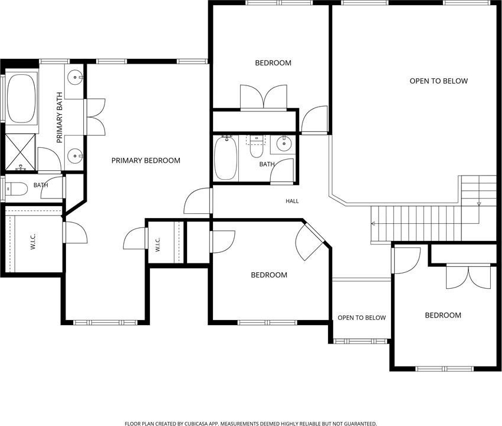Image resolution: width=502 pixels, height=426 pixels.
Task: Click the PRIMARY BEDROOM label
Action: (146, 160)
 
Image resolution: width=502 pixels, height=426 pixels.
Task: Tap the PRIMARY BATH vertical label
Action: (59, 118)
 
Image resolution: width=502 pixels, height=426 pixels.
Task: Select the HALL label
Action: (292, 201)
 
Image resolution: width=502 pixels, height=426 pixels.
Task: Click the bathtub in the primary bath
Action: (21, 98)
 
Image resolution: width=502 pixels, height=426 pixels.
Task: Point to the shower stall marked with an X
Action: (21, 151)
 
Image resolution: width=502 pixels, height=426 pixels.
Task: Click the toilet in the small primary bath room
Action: (17, 189)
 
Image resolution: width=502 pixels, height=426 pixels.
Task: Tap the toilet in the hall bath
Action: (256, 148)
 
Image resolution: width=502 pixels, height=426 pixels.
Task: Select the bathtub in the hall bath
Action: (226, 158)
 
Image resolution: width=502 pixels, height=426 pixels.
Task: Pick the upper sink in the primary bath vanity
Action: (74, 77)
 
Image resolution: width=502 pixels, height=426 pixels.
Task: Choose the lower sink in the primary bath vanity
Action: (74, 156)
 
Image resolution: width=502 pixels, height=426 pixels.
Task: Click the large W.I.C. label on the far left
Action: (33, 242)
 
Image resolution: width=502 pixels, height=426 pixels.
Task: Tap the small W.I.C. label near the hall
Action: (158, 245)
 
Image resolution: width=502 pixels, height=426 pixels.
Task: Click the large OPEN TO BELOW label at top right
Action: (439, 81)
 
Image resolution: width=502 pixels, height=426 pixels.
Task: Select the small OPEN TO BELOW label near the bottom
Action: (362, 318)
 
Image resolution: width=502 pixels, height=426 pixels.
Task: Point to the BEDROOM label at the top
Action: (273, 63)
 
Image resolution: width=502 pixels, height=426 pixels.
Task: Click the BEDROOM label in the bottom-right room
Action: (443, 315)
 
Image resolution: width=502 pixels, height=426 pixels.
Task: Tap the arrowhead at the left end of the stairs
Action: (373, 223)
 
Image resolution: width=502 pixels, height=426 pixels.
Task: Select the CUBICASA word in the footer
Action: (198, 424)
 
